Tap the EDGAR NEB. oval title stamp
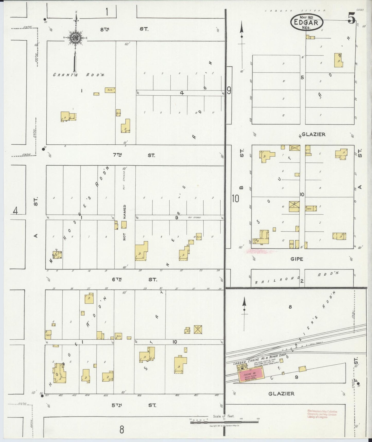[307, 22]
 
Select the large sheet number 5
[351, 18]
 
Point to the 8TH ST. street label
[124, 29]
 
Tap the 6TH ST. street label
[134, 280]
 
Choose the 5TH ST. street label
[134, 405]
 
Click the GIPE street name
[297, 259]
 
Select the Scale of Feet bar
[224, 422]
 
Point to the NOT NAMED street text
[124, 222]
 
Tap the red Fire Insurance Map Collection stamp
[322, 414]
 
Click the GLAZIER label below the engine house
[281, 394]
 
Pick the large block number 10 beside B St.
[235, 199]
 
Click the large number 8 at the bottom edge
[122, 430]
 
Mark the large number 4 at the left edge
[15, 211]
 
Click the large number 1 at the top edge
[107, 12]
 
